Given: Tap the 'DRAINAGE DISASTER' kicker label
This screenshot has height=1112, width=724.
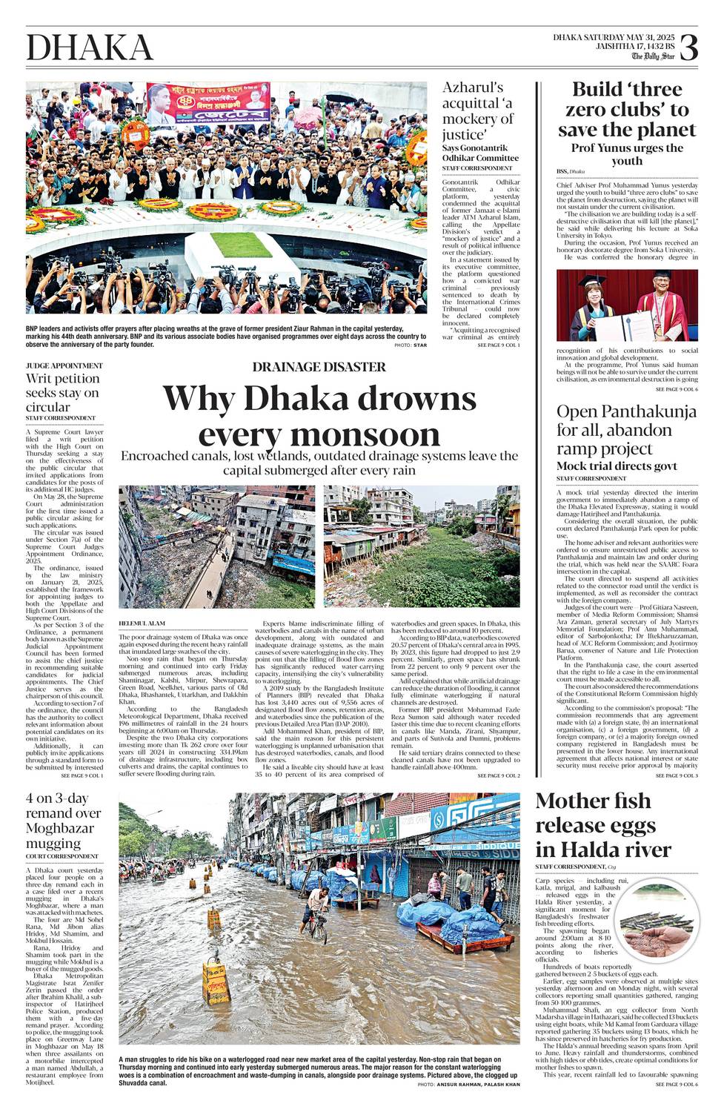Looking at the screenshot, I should pyautogui.click(x=319, y=367).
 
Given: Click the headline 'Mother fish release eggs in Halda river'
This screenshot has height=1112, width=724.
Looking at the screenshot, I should pyautogui.click(x=603, y=824).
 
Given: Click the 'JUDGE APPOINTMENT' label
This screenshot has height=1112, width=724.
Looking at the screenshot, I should pyautogui.click(x=64, y=365).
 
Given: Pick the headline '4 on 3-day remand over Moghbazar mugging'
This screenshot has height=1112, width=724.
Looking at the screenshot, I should pyautogui.click(x=64, y=821).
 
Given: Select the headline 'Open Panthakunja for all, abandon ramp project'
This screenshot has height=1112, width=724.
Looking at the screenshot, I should pyautogui.click(x=626, y=430).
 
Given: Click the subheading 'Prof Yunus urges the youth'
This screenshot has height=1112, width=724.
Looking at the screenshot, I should pyautogui.click(x=627, y=154).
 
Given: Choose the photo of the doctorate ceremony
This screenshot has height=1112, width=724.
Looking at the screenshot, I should pyautogui.click(x=627, y=305).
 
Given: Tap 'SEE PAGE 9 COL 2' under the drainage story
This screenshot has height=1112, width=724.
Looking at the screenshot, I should pyautogui.click(x=498, y=775).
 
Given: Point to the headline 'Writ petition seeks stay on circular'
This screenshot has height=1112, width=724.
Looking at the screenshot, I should pyautogui.click(x=62, y=392).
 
